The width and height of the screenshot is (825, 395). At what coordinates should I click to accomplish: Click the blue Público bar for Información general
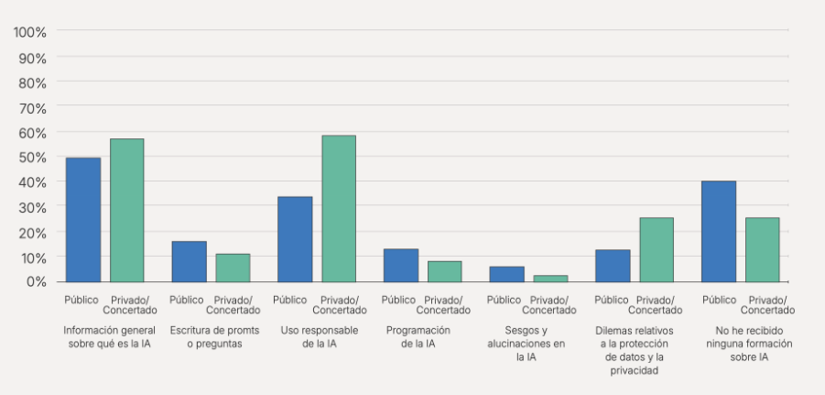coord(83,220)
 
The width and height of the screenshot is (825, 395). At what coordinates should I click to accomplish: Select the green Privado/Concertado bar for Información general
coord(127,211)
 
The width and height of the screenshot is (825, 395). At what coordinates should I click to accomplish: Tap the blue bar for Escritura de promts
coord(190,261)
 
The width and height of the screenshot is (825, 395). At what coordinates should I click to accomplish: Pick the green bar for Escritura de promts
coord(233,268)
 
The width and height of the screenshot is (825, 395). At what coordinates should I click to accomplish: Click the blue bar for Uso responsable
coord(295,239)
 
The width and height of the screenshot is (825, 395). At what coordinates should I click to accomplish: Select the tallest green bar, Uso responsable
coord(339,209)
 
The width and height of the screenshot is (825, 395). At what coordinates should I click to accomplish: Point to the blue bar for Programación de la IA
coord(401,265)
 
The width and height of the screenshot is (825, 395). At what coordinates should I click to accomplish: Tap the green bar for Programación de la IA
coord(444,271)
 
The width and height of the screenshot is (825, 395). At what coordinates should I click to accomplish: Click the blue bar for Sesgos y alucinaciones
coord(506,274)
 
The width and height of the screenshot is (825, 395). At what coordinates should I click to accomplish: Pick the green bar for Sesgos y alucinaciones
coord(550,279)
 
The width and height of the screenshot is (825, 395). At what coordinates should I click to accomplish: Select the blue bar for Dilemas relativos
coord(613,266)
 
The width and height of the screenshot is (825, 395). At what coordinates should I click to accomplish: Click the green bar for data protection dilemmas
coord(656,249)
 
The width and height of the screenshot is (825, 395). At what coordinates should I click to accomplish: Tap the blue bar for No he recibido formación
coord(719,231)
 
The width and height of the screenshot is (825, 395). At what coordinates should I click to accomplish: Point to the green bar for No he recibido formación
coord(762,249)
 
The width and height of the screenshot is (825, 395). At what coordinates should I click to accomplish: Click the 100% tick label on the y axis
coord(30,33)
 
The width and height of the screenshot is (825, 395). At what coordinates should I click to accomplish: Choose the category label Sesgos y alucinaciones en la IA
coord(526,344)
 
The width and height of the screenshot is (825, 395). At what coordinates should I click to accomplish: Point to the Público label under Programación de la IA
coord(398,300)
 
